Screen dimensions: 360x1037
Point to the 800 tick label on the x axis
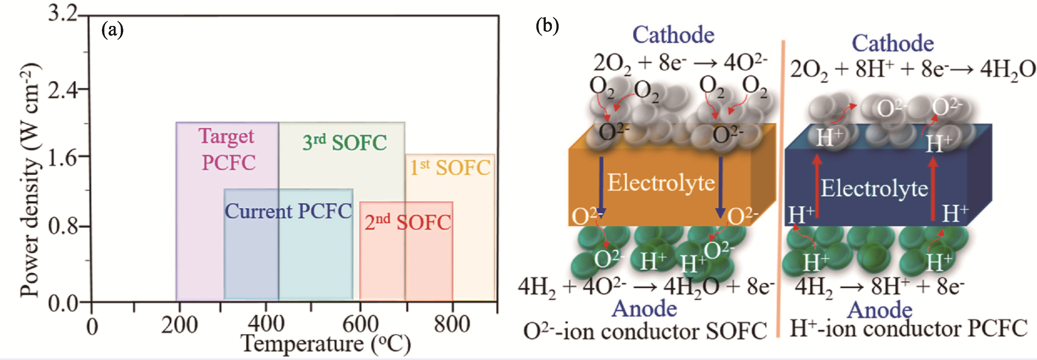point(452,325)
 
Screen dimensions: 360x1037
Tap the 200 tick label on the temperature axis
point(179,325)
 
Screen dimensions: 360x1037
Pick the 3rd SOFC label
point(344,142)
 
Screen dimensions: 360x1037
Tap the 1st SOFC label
point(450,167)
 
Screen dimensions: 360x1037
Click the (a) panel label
point(112,30)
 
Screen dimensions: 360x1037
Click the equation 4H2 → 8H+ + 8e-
point(880,287)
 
